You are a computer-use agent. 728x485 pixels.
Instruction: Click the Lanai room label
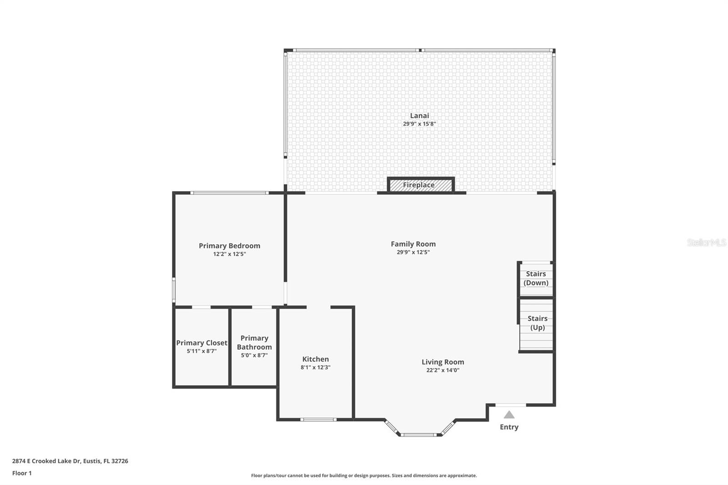[x=419, y=116]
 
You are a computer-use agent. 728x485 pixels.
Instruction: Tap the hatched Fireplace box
[x=420, y=185]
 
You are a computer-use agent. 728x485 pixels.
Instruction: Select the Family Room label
[x=413, y=244]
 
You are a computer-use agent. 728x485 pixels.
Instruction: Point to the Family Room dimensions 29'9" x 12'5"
[x=413, y=252]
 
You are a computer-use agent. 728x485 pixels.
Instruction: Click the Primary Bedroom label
[x=229, y=246]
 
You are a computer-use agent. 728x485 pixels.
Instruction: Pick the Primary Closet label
[x=202, y=343]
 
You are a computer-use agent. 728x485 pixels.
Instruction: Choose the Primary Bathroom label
[x=254, y=342]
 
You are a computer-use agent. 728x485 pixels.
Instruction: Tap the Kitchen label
[x=315, y=359]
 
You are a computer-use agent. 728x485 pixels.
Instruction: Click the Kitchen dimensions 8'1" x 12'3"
[x=315, y=368]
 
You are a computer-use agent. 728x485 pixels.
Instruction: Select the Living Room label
[x=443, y=362]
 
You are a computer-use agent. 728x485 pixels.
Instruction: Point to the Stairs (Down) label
[x=536, y=278]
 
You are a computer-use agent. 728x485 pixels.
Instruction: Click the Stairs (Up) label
[x=537, y=323]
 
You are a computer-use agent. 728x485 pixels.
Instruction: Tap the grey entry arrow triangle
[x=509, y=415]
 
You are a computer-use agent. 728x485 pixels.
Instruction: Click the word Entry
[x=509, y=427]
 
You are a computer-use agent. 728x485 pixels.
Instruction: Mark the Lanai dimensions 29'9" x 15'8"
[x=419, y=124]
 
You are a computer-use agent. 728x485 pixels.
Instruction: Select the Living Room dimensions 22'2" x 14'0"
[x=443, y=370]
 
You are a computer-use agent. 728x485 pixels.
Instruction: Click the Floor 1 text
[x=22, y=473]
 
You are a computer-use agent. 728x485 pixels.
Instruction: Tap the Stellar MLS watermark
[x=706, y=242]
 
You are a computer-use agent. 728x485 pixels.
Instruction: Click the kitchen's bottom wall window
[x=319, y=419]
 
